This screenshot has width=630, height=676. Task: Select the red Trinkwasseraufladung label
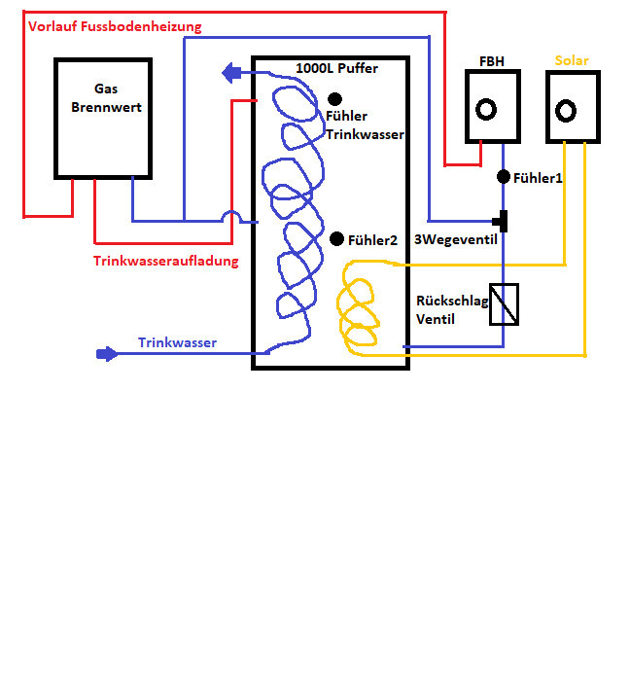[x=166, y=261]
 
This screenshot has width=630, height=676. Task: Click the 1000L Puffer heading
[x=337, y=69]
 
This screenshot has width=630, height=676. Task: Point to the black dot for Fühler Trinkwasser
[x=335, y=98]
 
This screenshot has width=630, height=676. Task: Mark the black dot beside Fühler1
[x=504, y=176]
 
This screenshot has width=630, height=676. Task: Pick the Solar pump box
[x=574, y=108]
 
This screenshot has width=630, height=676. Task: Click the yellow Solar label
[x=572, y=60]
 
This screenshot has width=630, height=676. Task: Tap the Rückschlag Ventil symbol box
[x=504, y=303]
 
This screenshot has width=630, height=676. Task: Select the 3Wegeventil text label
[x=463, y=240]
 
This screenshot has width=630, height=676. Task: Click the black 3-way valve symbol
[x=504, y=221]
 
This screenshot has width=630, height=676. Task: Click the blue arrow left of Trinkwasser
[x=104, y=354]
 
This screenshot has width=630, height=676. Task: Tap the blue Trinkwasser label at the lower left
[x=177, y=342]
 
